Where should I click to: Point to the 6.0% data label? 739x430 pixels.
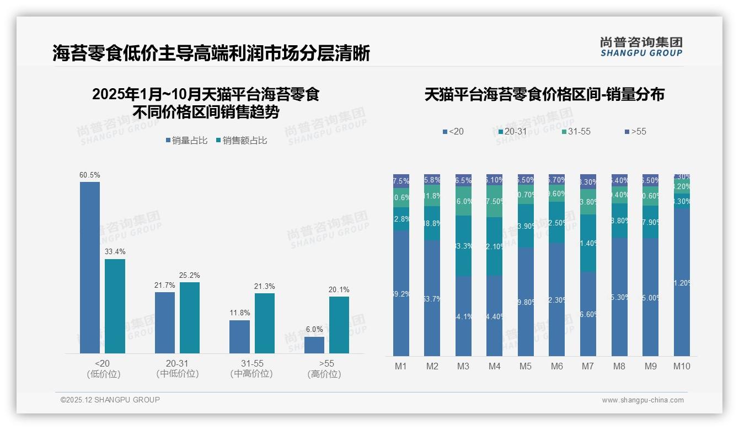coord(314,329)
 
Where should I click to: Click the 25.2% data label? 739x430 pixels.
coord(190,275)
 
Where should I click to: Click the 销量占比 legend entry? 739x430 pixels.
coord(186,141)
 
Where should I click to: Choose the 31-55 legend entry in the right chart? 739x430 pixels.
coord(576,132)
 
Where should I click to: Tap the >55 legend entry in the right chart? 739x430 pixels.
coord(635,132)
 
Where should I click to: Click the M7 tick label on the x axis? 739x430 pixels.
coord(587,367)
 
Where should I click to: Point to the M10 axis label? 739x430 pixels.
coord(682,367)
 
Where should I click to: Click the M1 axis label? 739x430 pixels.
coord(401,367)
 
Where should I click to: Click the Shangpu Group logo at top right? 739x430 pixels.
coord(641,47)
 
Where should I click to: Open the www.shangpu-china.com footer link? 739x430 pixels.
coord(642,400)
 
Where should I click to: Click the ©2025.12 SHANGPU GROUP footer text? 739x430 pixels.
coord(110,400)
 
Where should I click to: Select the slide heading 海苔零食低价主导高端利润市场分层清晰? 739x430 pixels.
coord(211,53)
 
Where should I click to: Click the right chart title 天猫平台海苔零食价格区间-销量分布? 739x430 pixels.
coord(544,94)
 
